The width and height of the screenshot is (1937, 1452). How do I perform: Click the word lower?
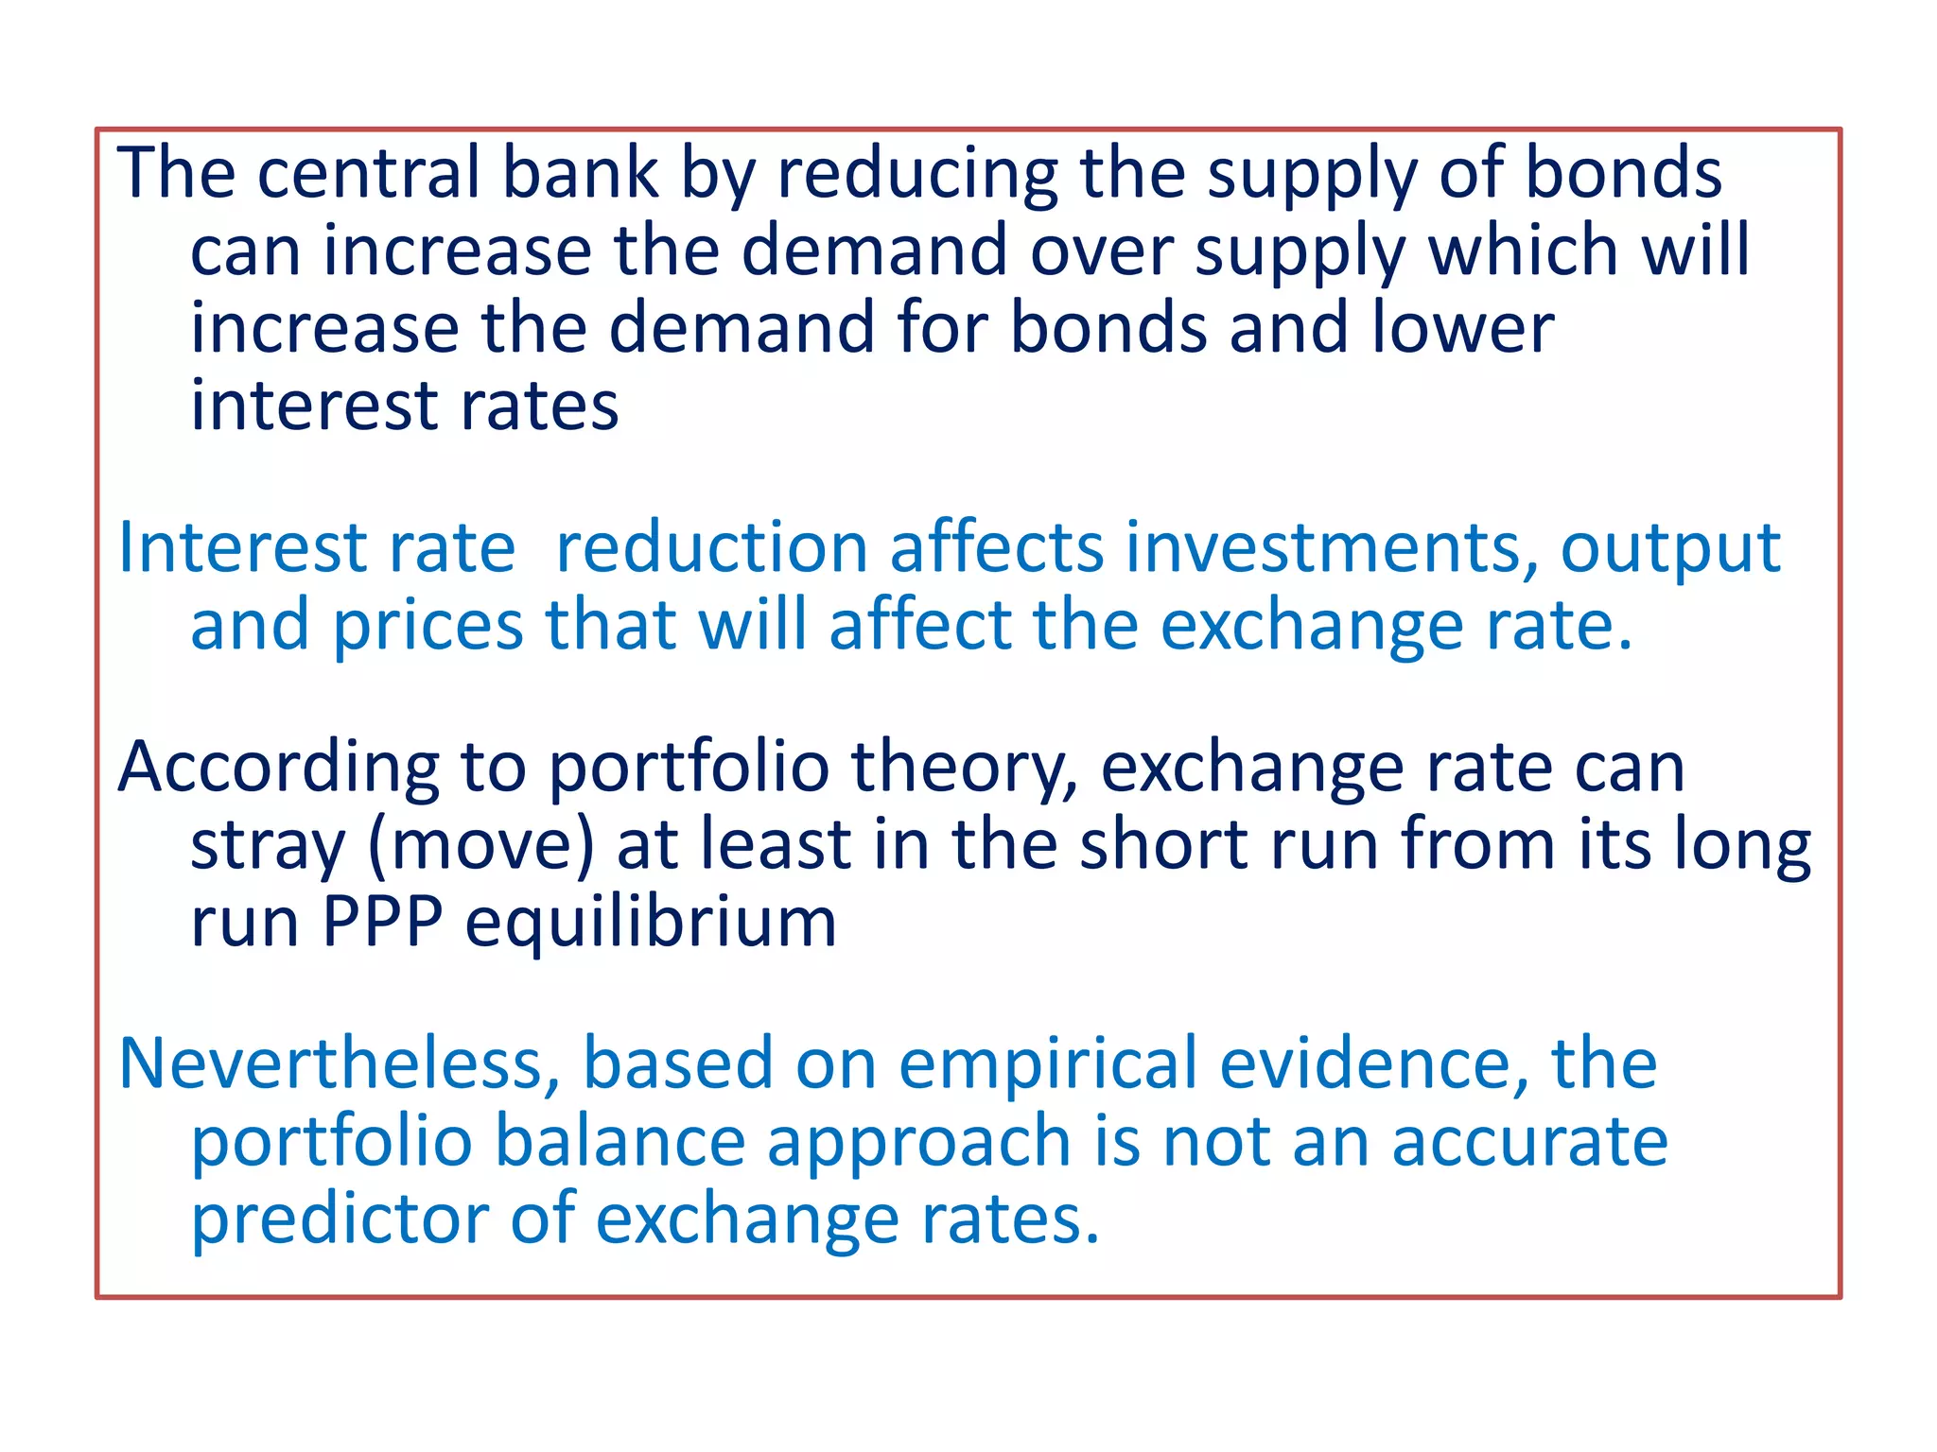(1462, 328)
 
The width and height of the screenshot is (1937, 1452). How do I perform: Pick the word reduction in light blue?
(711, 548)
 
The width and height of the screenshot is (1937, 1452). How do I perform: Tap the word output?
(1670, 550)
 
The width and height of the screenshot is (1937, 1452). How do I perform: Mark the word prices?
(428, 628)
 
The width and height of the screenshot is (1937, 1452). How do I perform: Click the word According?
(278, 768)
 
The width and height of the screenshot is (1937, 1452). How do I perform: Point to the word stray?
(268, 846)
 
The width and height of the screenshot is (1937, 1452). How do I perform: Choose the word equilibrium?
(651, 924)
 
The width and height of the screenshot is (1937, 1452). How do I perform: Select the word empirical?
(1048, 1065)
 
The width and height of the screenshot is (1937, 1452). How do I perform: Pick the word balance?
(619, 1141)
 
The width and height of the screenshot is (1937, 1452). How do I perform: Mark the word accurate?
(1529, 1143)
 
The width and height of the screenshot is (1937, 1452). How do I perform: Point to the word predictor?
(340, 1220)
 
